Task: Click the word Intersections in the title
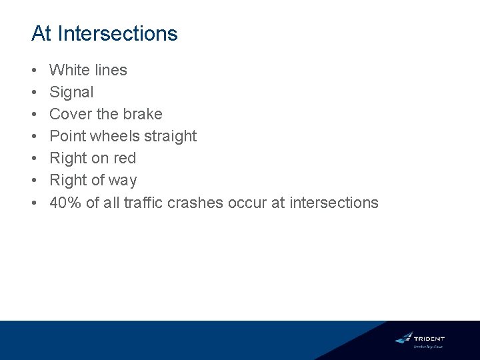click(x=118, y=33)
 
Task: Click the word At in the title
click(x=41, y=33)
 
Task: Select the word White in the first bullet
click(x=69, y=70)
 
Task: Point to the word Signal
click(x=71, y=92)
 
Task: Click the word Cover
click(x=70, y=114)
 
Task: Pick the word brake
click(x=142, y=114)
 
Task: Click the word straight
click(x=171, y=136)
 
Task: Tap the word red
click(x=125, y=158)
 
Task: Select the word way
click(x=123, y=181)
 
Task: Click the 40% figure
click(x=65, y=203)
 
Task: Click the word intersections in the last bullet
click(x=334, y=203)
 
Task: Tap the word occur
click(x=247, y=203)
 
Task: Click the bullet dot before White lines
click(x=34, y=70)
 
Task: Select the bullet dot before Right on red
click(x=34, y=159)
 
